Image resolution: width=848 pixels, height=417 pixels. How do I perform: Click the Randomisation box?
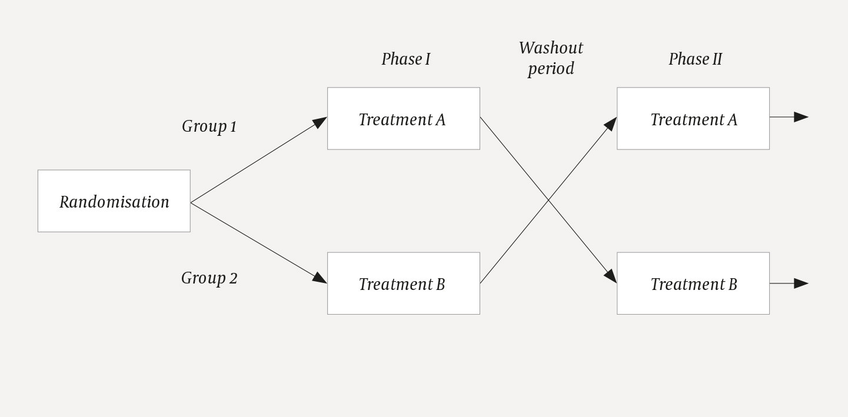click(114, 201)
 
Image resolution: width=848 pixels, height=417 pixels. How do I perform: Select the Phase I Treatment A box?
click(403, 119)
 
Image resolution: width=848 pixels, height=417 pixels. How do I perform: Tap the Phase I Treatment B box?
click(403, 283)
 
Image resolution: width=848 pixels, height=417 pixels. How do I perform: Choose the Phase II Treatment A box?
click(693, 119)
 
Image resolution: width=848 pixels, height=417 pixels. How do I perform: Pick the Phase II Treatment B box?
click(693, 283)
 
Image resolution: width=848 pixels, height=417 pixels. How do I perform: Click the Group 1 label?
click(209, 126)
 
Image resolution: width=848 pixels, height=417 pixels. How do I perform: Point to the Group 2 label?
click(209, 278)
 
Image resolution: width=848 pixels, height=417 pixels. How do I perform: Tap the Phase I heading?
click(405, 59)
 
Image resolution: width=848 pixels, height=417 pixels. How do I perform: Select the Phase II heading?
click(695, 59)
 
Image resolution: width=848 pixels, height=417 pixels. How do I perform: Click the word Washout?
click(551, 48)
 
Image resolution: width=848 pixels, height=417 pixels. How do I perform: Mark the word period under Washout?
click(551, 69)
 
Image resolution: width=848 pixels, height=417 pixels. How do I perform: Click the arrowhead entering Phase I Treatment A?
click(320, 122)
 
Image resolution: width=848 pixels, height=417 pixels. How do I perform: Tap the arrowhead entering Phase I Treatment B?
click(320, 278)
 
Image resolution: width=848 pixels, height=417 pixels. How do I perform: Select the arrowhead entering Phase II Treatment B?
click(611, 276)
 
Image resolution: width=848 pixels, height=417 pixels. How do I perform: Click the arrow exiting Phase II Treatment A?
click(800, 117)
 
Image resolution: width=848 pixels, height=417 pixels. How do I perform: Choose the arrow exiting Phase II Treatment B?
click(800, 283)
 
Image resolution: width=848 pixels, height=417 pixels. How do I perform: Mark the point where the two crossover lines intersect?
click(548, 201)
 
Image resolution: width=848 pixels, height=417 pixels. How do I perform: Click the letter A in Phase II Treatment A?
click(732, 120)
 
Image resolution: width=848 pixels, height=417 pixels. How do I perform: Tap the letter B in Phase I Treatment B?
click(440, 284)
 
